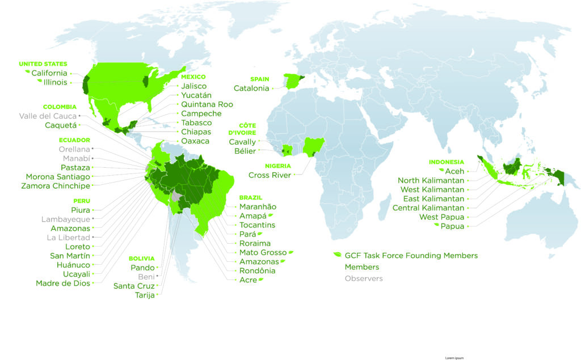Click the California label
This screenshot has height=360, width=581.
pos(49,73)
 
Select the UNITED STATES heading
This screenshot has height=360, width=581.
pos(43,64)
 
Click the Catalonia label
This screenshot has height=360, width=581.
pos(251,88)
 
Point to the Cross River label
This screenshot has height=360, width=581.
pos(270,175)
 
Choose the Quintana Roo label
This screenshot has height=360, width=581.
pos(207,104)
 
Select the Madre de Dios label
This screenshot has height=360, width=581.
pos(63,283)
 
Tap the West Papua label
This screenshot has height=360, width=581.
pos(441,217)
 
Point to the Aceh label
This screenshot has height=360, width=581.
pos(454,171)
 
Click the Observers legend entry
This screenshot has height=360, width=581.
pos(364,278)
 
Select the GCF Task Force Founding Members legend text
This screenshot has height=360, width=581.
pos(411,256)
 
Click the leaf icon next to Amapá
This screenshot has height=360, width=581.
pos(271,215)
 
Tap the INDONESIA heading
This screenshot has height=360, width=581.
pos(447,162)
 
